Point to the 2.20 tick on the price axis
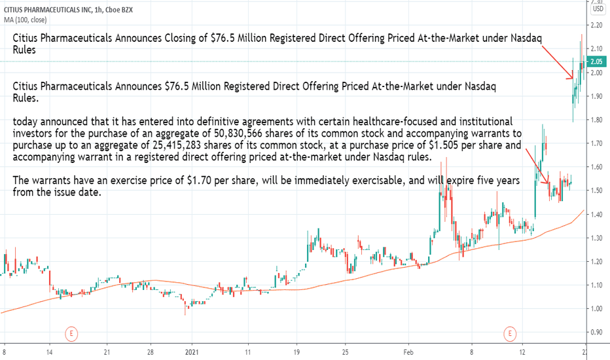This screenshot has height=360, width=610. pyautogui.click(x=596, y=25)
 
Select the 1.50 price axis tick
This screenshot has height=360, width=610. pyautogui.click(x=596, y=190)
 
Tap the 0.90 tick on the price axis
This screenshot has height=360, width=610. pyautogui.click(x=596, y=333)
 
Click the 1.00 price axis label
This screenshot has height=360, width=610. pyautogui.click(x=596, y=308)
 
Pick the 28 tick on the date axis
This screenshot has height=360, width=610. pyautogui.click(x=149, y=351)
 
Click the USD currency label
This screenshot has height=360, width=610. pyautogui.click(x=597, y=9)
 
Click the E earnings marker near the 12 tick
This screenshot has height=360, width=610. pyautogui.click(x=509, y=334)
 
